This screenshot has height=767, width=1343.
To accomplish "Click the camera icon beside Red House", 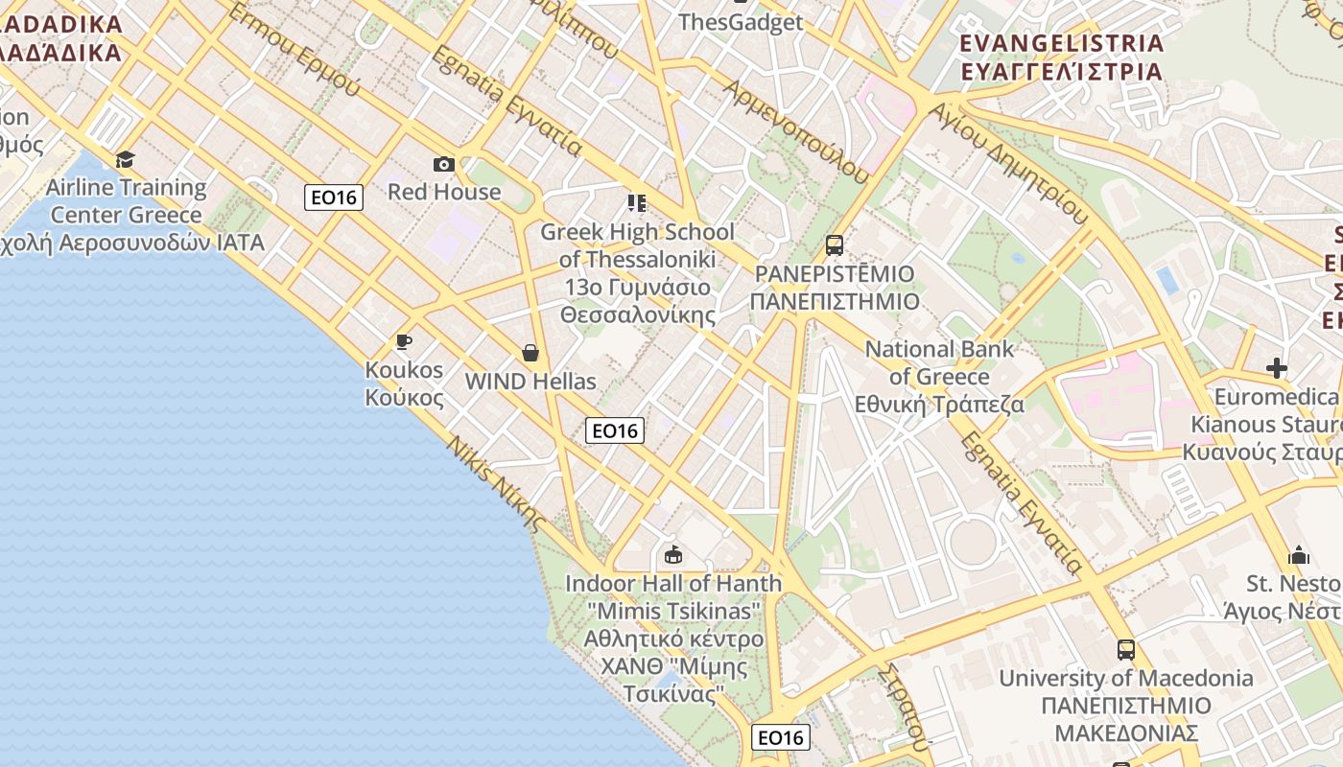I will (443, 164).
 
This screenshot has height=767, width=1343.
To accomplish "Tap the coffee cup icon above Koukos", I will (404, 341).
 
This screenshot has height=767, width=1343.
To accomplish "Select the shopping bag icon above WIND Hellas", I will (530, 353).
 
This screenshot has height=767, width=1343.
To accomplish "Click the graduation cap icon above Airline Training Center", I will (125, 159).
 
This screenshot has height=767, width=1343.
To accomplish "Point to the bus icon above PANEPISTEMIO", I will (835, 245).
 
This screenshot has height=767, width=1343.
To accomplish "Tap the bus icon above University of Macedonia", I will (1126, 650).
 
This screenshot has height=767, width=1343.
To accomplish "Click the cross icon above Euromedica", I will (1276, 368).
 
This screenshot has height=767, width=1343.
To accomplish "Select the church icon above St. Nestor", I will (1299, 555).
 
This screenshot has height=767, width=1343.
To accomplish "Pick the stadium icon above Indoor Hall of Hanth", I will (673, 554).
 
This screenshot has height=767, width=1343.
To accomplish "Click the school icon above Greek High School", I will (637, 203).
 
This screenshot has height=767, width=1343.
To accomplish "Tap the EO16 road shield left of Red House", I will (334, 198).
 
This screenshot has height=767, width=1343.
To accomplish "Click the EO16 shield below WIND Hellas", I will (614, 430).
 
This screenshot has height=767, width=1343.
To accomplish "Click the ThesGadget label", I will (740, 22).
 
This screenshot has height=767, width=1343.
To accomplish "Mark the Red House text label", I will (444, 191).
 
